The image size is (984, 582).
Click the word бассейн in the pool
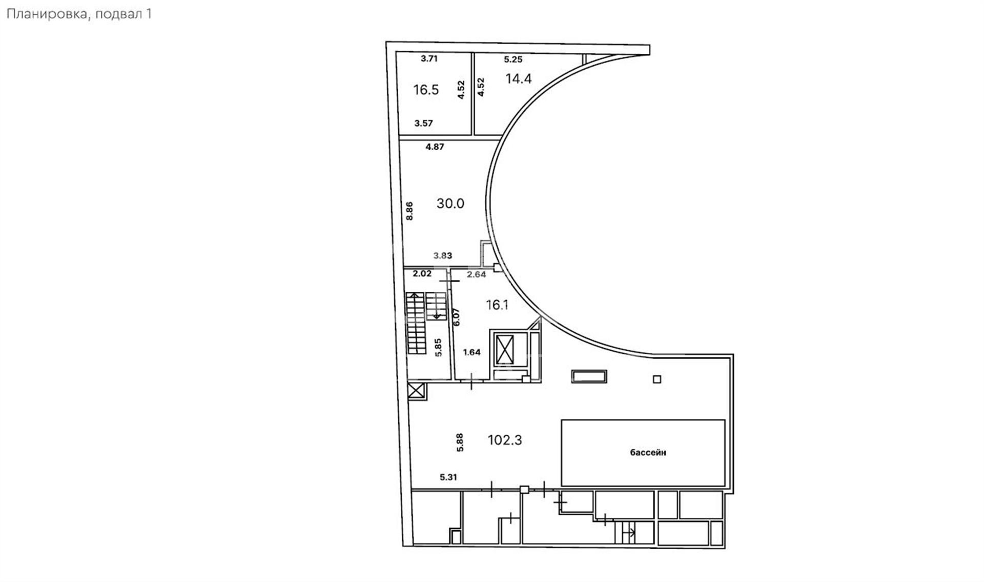click(648, 453)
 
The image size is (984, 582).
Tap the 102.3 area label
click(505, 440)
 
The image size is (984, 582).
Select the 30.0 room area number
click(450, 204)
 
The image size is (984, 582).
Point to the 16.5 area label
click(426, 90)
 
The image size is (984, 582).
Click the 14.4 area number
click(519, 78)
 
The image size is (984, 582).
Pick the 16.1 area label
click(497, 305)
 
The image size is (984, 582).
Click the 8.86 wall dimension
click(409, 211)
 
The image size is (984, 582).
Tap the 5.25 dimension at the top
click(513, 59)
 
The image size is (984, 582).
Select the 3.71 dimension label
click(429, 58)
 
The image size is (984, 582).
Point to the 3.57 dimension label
click(424, 123)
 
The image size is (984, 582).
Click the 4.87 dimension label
click(435, 147)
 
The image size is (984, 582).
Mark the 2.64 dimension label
click(476, 274)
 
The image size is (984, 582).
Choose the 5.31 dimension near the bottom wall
click(448, 477)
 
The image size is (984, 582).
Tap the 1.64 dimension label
click(471, 352)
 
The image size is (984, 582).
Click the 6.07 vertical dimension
click(457, 316)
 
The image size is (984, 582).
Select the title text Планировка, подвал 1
click(79, 14)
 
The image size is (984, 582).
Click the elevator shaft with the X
click(505, 351)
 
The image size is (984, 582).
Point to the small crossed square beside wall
click(417, 391)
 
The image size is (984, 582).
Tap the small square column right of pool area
click(657, 379)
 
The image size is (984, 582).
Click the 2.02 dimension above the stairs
click(422, 274)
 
